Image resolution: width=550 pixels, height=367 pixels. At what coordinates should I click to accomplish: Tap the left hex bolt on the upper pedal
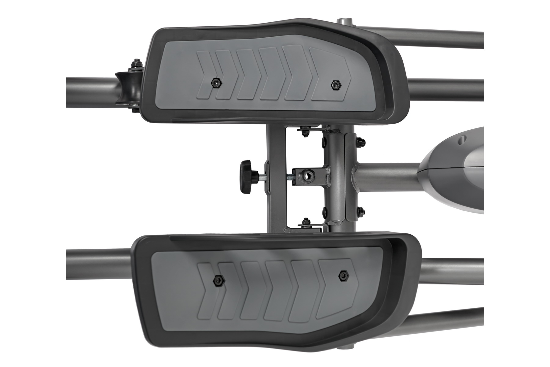click(216, 83)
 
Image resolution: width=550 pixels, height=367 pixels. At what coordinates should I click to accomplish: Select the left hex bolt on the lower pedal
click(218, 280)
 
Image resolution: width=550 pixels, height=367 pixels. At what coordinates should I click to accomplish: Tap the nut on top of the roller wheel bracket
click(136, 65)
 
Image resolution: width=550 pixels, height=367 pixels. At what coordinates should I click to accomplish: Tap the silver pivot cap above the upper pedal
click(345, 22)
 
